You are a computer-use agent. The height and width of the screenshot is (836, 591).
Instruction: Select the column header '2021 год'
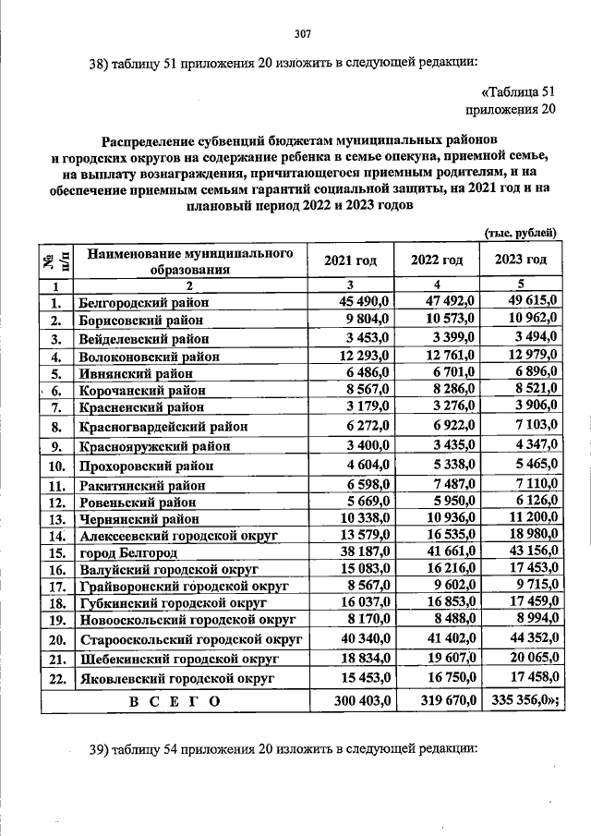[350, 261]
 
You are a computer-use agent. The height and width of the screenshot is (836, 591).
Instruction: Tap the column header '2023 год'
[521, 261]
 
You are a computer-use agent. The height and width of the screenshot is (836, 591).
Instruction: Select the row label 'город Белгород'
[128, 552]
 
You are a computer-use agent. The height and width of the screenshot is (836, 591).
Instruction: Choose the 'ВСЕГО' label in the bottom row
[175, 701]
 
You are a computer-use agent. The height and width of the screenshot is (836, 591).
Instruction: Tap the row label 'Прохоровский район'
[146, 466]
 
